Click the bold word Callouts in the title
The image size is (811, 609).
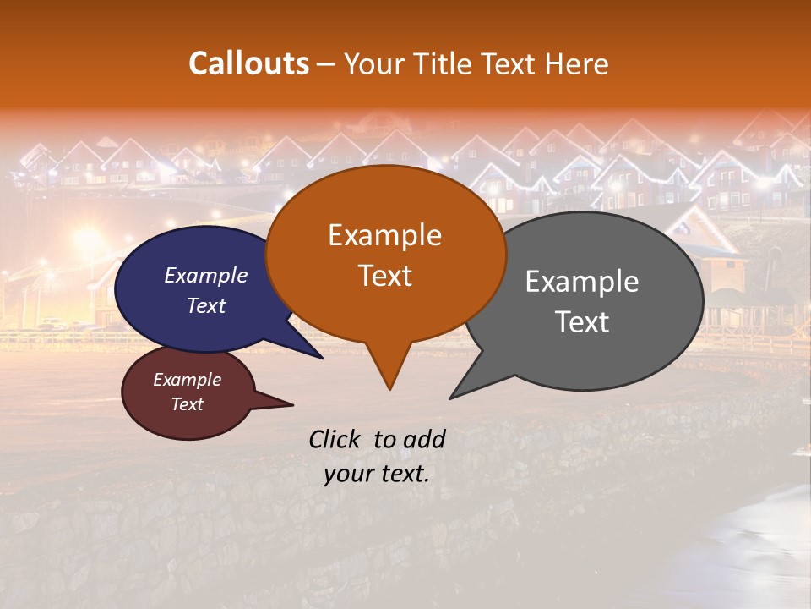click(248, 63)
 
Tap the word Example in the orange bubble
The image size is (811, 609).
click(384, 234)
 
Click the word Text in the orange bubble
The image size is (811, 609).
click(384, 275)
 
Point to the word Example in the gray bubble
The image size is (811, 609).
click(582, 281)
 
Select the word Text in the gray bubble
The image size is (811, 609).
click(582, 321)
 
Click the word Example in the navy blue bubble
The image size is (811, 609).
click(206, 275)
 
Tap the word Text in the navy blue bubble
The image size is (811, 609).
click(206, 305)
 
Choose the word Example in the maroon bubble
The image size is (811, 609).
click(187, 380)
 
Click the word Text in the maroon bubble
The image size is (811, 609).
click(187, 404)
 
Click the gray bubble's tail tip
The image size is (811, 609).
click(452, 397)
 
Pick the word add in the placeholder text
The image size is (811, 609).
click(424, 439)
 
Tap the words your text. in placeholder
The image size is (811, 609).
click(377, 474)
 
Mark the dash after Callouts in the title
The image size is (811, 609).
click(326, 63)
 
